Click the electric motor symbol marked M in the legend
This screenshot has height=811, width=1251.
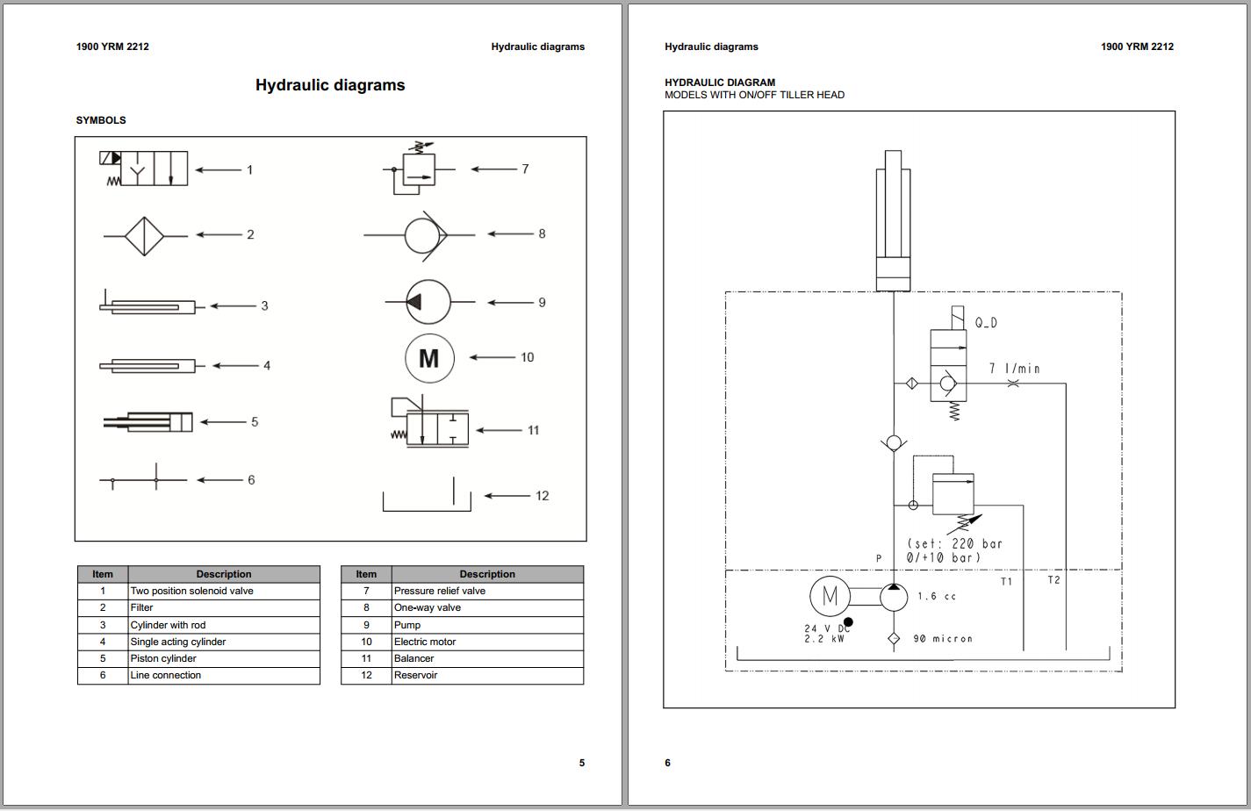pos(429,358)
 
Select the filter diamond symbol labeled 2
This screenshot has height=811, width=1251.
pos(145,235)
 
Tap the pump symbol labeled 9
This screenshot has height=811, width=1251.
pos(428,302)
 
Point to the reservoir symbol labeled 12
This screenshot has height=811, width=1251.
pos(427,500)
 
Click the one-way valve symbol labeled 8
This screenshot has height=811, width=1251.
pos(426,235)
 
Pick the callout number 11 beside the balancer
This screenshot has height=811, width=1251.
pos(533,430)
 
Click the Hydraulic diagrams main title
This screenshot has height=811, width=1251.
pos(330,85)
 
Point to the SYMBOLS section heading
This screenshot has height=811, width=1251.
pos(101,120)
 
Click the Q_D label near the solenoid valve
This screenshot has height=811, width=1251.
pos(986,323)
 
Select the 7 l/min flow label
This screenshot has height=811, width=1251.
pos(1014,369)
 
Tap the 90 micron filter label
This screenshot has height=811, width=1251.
pos(943,639)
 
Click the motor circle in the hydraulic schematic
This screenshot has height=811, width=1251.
pos(830,597)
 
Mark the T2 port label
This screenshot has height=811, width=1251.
pos(1053,580)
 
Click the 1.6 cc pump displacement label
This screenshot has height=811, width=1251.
pos(937,597)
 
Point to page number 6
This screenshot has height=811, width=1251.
pos(667,763)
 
